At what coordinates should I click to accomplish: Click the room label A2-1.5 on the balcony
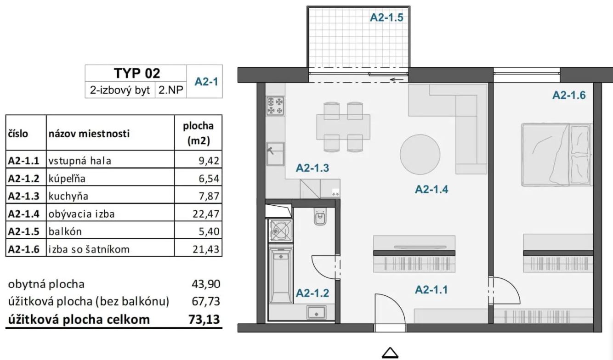coord(386,17)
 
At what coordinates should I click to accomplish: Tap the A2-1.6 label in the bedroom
coord(569,95)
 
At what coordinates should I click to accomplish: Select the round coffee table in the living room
coord(420,154)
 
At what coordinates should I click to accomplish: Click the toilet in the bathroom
coord(320,216)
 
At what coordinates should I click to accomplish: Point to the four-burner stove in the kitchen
coord(275,106)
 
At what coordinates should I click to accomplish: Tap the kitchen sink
coord(275,154)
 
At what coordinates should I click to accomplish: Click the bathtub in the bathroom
coord(281,275)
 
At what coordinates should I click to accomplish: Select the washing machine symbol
coord(280,231)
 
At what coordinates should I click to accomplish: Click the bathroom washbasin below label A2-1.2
coord(316,312)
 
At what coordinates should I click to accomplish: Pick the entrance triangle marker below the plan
coord(390,353)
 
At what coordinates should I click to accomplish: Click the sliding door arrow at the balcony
coord(397,80)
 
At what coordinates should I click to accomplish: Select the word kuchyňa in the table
coord(68,196)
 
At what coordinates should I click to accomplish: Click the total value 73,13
coord(204,319)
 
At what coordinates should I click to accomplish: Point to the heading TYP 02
coord(137,73)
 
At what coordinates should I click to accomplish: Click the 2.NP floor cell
coord(171,90)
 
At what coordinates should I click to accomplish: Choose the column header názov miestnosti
coord(89,134)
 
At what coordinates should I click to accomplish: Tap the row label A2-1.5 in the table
coord(24,231)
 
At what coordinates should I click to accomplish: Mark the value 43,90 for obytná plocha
coord(206,284)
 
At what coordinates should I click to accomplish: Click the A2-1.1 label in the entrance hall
coord(431,290)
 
